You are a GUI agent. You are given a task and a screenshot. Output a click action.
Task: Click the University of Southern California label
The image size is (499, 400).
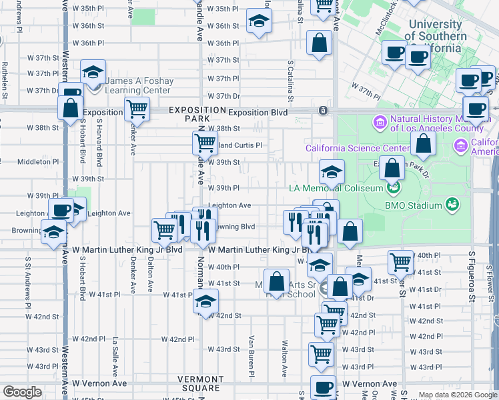[x=436, y=36]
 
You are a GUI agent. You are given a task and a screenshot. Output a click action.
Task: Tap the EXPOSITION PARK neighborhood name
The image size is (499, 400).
[x=197, y=114]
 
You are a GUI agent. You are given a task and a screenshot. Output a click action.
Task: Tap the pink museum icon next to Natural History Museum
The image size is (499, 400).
[x=380, y=122]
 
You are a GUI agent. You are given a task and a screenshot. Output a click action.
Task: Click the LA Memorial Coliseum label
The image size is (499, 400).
[x=336, y=188]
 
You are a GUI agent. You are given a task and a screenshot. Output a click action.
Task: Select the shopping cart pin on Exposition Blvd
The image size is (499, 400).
[x=137, y=108]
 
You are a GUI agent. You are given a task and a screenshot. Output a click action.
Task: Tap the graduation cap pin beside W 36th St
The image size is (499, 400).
[x=258, y=22]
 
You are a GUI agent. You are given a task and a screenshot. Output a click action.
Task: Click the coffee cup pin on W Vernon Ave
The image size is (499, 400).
[x=324, y=387]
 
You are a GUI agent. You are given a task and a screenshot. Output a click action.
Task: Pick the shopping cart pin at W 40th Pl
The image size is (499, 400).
[x=400, y=262]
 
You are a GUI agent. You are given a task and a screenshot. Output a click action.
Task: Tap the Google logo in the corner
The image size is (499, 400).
[x=21, y=392]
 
